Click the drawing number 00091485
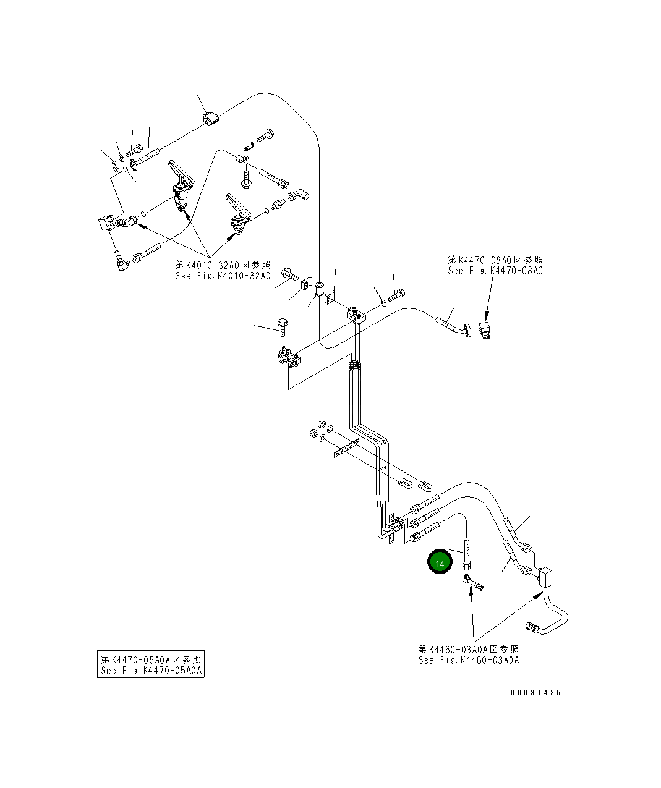(x=535, y=693)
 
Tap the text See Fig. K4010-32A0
(x=223, y=276)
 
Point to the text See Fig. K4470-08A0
(x=495, y=271)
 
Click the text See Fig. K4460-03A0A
(x=469, y=660)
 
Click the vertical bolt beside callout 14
(x=466, y=555)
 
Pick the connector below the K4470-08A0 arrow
(x=485, y=330)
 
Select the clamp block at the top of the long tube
(x=210, y=119)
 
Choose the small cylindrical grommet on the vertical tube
(x=320, y=289)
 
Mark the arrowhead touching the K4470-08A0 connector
(x=487, y=318)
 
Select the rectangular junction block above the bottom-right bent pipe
(x=545, y=578)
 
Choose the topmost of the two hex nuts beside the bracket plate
(x=321, y=423)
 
